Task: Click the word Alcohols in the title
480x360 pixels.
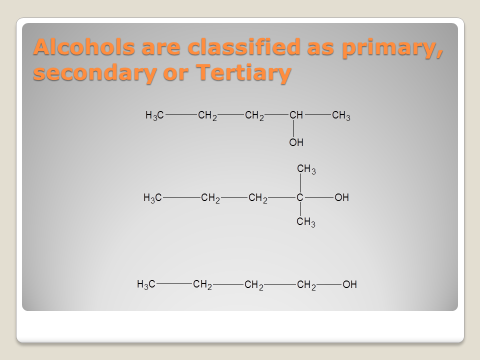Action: point(84,47)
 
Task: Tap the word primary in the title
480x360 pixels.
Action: point(392,48)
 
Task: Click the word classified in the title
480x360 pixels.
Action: point(243,47)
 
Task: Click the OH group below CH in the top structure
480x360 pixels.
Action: point(296,142)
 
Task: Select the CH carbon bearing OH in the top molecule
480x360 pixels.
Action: point(296,115)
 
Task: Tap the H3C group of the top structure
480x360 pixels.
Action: point(154,115)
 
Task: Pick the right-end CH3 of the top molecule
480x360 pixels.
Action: point(341,115)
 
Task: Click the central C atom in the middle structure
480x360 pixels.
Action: point(300,197)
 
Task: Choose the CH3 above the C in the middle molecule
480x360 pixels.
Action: point(306,169)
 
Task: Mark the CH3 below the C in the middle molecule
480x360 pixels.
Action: point(306,222)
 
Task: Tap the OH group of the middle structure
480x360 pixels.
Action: point(341,197)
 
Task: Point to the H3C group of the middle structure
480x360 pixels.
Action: point(152,198)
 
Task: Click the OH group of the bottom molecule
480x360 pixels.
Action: point(349,284)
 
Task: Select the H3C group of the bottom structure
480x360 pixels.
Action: point(146,284)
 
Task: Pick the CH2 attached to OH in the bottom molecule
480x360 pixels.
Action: point(306,285)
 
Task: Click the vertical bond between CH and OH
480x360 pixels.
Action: point(293,128)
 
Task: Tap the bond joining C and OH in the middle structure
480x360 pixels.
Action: point(319,197)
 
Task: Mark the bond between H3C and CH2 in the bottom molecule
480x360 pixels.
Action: point(174,284)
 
